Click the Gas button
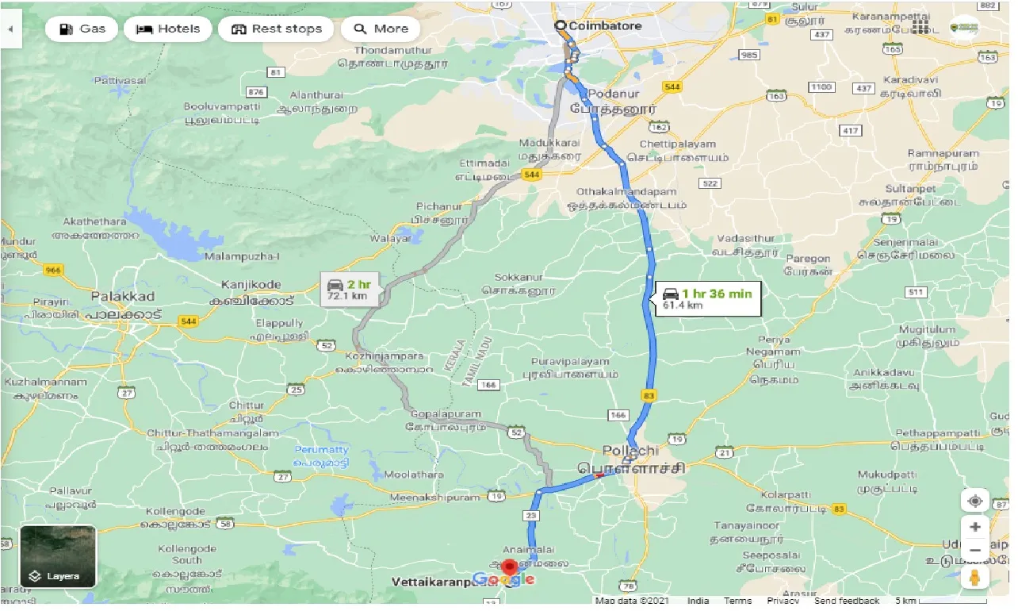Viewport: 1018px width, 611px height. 82,29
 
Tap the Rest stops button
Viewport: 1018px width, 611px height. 276,29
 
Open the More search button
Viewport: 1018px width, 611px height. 381,29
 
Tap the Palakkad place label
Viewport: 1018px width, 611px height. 122,296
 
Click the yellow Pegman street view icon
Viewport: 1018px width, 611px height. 975,577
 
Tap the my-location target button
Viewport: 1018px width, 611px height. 975,501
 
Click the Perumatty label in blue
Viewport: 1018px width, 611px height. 320,450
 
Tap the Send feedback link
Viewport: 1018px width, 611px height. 847,601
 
